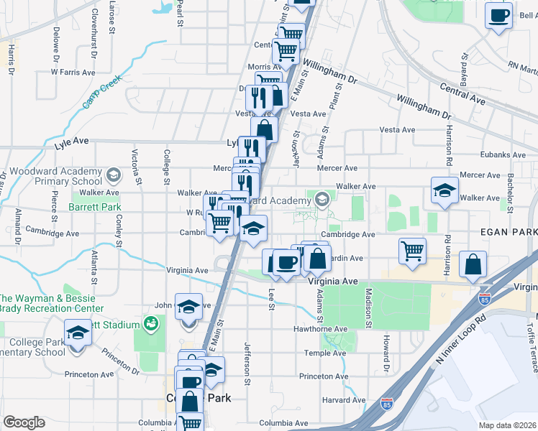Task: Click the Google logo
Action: (24, 422)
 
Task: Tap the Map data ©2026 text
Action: (507, 425)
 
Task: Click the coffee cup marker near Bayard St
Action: (498, 16)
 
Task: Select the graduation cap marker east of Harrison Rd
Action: (444, 191)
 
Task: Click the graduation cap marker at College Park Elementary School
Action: (77, 333)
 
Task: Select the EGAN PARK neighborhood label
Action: (514, 233)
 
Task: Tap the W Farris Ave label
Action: (73, 72)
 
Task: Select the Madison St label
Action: (368, 307)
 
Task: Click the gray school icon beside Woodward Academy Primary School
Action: (113, 175)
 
